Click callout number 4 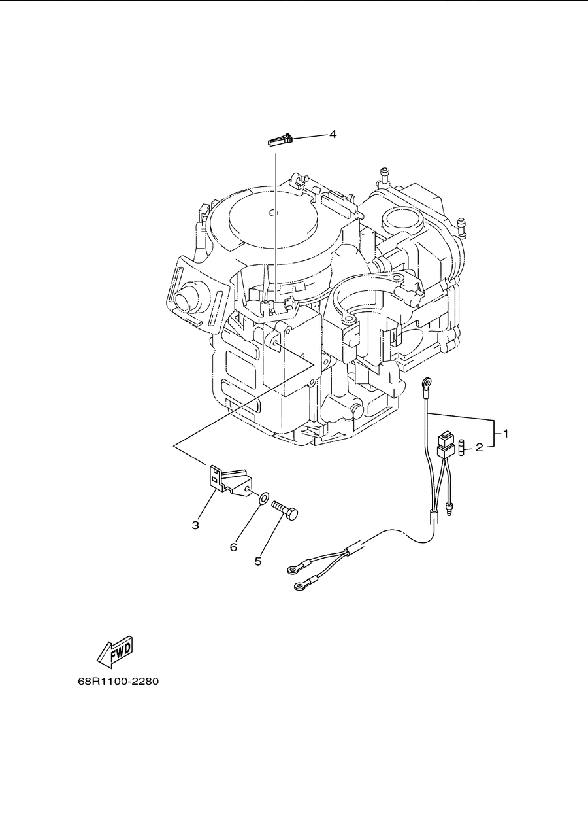[333, 135]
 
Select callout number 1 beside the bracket [505, 434]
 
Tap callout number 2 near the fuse [480, 447]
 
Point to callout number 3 [195, 525]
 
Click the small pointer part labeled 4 [280, 140]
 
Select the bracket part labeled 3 [229, 480]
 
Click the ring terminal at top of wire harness [427, 382]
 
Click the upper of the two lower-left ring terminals [292, 570]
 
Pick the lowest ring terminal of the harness [300, 585]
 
